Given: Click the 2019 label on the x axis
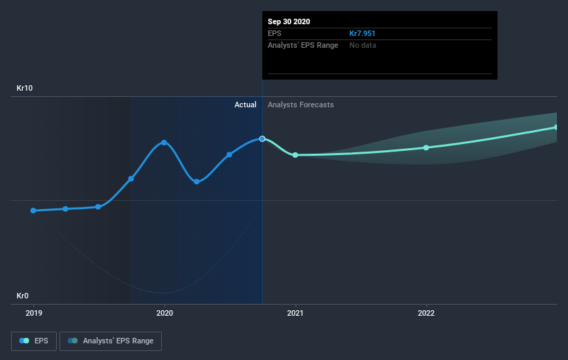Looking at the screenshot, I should pos(33,313).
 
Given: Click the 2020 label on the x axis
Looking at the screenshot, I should pos(165,313).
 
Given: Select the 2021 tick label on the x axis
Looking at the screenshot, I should pos(295,313).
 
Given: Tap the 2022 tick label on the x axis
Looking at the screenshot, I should pos(426,313).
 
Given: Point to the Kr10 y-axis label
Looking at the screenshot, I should pos(25,89).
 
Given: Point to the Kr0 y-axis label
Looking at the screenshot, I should pos(23,296).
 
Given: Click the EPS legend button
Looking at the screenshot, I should pos(34,341).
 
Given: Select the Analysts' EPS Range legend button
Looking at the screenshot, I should pos(111,341).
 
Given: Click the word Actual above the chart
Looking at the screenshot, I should pos(245,105).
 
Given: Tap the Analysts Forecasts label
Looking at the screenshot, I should pos(300,105).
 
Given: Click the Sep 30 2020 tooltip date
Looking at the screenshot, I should pos(289,21).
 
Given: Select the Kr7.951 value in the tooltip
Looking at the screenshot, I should pos(363,33).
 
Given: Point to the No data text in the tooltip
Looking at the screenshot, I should pos(363,45).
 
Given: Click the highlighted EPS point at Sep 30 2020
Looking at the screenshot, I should pos(262,138).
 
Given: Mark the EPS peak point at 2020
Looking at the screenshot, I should pos(164,143).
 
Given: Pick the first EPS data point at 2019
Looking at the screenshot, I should pos(33,210).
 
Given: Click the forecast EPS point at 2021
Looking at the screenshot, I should pos(295,155).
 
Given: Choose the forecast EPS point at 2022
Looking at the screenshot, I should pos(426,147).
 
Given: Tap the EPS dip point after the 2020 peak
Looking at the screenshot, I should pos(196,181).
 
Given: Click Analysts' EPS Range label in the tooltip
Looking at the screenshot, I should pos(303,45).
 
